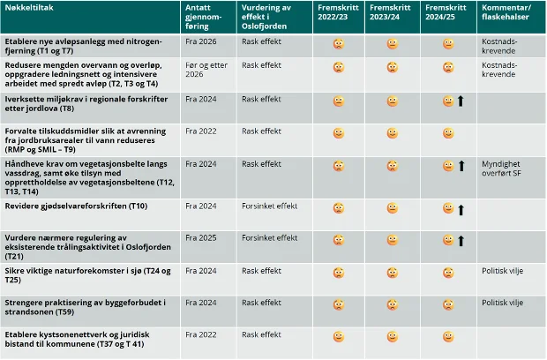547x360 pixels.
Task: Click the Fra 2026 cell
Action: [202, 41]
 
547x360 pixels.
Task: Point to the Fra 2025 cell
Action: [202, 238]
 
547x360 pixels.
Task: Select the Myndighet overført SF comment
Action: [503, 169]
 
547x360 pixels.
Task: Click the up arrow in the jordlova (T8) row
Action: [461, 101]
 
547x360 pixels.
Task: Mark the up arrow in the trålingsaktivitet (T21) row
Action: [461, 241]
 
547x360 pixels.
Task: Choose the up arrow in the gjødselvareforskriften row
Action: [461, 209]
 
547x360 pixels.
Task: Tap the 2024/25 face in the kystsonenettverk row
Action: [448, 336]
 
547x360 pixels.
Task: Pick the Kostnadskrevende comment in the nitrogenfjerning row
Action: [502, 46]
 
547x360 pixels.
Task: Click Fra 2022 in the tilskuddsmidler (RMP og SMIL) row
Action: [202, 131]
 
